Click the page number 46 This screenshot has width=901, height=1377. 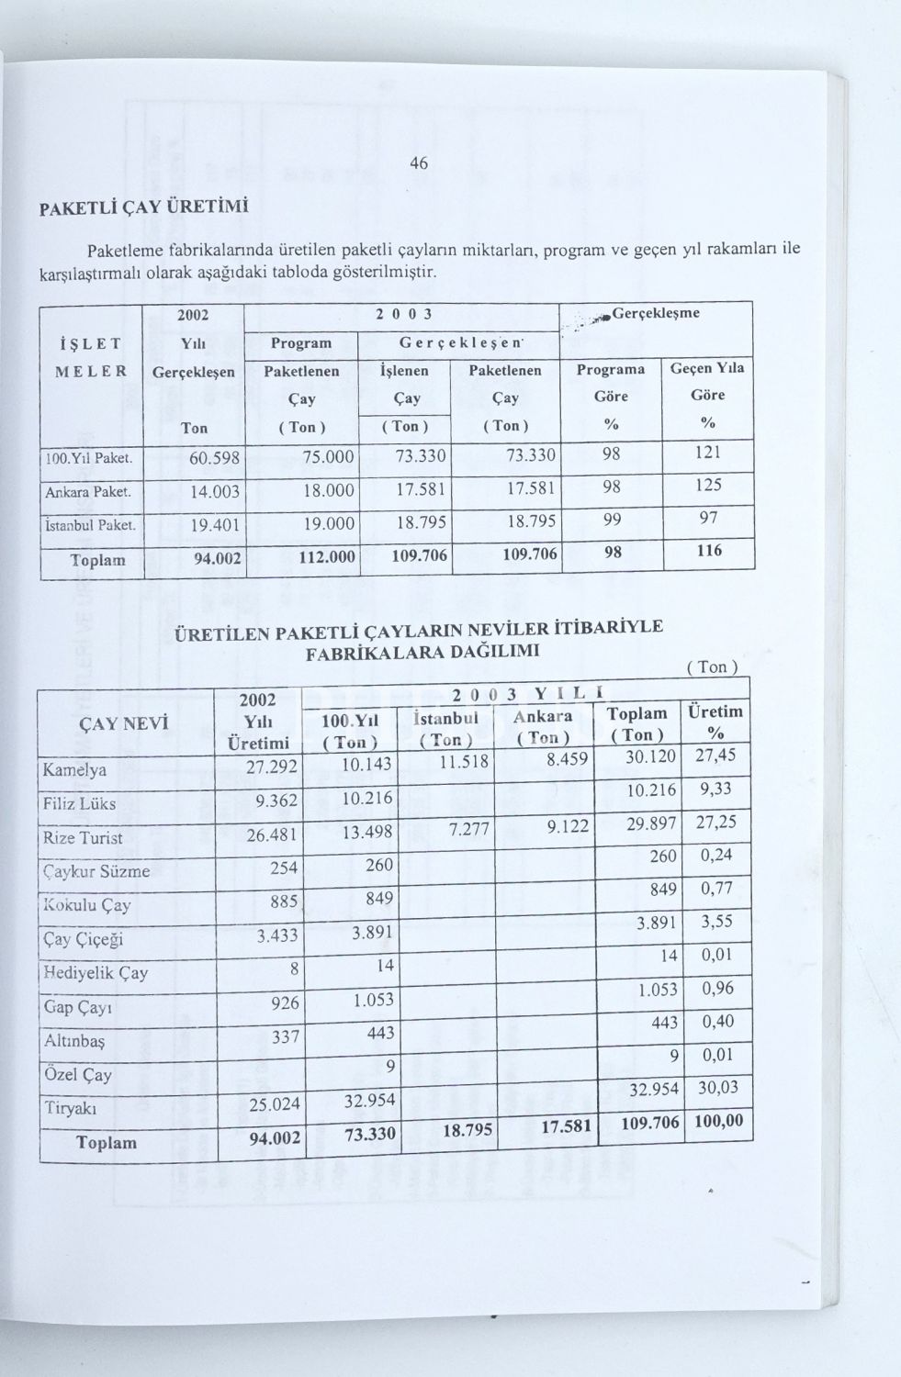(x=419, y=163)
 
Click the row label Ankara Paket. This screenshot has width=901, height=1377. (x=89, y=492)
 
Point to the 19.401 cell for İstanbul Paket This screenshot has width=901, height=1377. (x=214, y=525)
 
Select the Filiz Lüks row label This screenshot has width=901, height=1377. (x=79, y=803)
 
